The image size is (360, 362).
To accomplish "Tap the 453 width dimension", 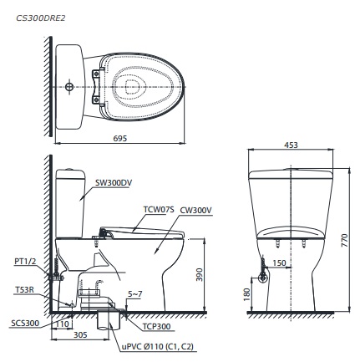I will click(291, 145).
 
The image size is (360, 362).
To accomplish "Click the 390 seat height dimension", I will click(199, 274).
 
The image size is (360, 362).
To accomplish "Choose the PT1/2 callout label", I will click(25, 260).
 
